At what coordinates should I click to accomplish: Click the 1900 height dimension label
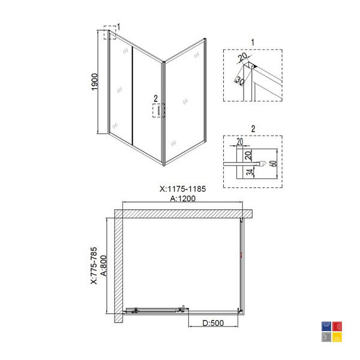[x=95, y=82]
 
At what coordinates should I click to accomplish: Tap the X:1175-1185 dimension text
[x=183, y=189]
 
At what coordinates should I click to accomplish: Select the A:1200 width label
[x=183, y=199]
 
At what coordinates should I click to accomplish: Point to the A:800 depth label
[x=104, y=266]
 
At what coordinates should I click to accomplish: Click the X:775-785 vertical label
[x=94, y=266]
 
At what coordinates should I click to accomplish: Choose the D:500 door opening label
[x=213, y=323]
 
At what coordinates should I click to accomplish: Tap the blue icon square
[x=326, y=326]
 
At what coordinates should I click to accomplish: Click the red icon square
[x=337, y=326]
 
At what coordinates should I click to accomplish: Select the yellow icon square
[x=337, y=337]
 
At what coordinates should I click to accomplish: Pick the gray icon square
[x=326, y=337]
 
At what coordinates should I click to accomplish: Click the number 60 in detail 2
[x=274, y=163]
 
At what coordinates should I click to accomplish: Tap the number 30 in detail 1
[x=240, y=80]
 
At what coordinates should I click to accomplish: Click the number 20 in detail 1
[x=242, y=56]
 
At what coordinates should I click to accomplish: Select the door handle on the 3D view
[x=158, y=110]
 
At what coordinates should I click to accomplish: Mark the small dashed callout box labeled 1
[x=110, y=32]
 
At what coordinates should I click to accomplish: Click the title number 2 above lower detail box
[x=253, y=129]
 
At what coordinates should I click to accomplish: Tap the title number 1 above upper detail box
[x=253, y=43]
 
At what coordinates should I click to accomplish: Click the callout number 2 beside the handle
[x=156, y=99]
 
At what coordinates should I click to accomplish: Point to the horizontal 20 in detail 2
[x=239, y=142]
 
